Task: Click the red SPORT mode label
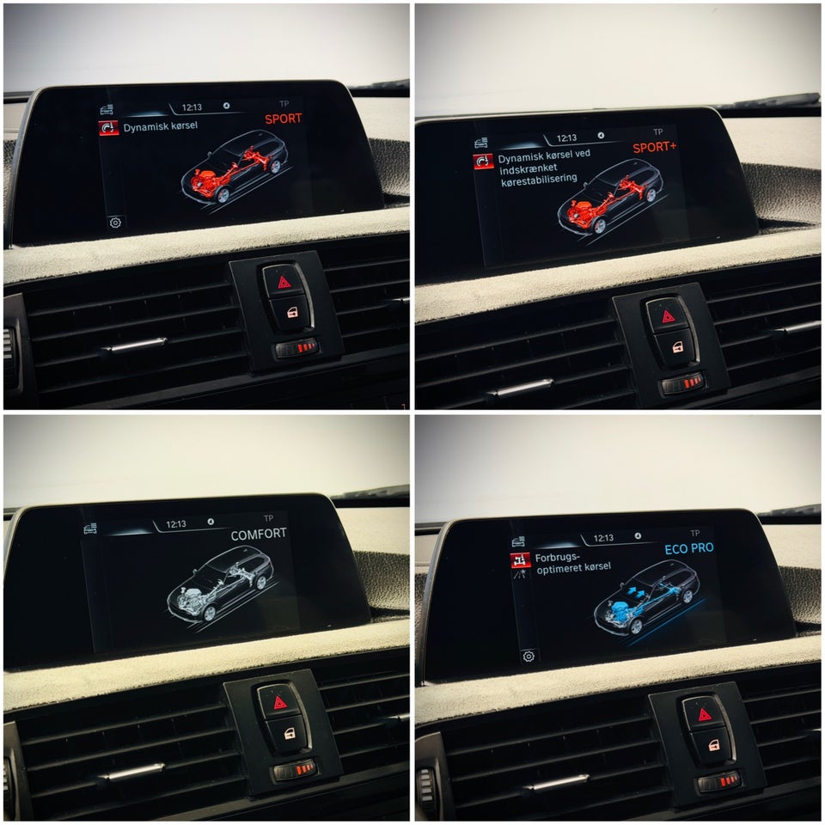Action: pos(283,119)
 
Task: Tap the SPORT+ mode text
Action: pos(655,147)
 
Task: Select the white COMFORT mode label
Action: pos(259,535)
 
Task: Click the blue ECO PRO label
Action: pos(689,549)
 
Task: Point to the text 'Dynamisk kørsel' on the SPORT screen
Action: pos(161,126)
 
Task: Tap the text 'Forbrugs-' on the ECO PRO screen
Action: pos(557,558)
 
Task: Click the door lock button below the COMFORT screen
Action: pos(290,733)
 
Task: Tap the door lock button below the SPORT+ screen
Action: pos(677,347)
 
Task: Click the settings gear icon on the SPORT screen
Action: pos(115,223)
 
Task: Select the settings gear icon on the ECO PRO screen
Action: pos(529,656)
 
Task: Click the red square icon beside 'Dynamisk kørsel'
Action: pos(108,128)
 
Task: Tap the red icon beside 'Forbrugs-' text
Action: pos(520,560)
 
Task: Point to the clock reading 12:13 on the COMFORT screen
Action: pos(175,524)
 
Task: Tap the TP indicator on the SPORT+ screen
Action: pos(657,131)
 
